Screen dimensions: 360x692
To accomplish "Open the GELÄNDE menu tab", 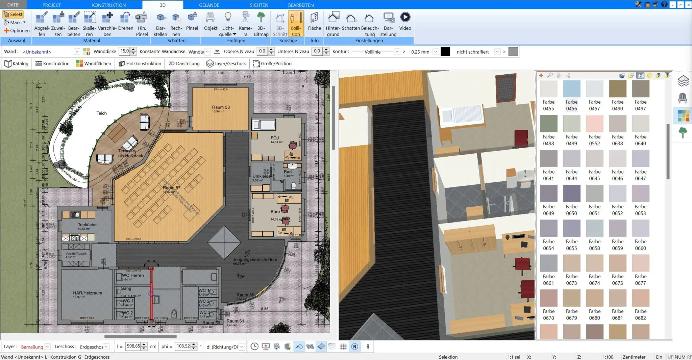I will [209, 5].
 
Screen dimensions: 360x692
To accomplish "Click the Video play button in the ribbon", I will [405, 17].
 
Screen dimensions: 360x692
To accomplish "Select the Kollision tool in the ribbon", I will [295, 23].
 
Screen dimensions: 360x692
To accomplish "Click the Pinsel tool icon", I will [192, 17].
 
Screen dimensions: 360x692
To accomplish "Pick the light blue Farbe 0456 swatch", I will [571, 89].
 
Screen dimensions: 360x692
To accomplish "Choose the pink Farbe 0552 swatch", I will [594, 124].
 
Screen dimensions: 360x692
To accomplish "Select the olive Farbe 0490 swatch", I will [617, 89].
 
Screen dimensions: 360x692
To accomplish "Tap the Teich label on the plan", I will [101, 113].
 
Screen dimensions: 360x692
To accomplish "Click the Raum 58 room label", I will [221, 107].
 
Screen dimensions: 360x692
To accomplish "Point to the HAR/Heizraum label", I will [88, 293].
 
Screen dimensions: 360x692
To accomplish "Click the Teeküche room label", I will [87, 225].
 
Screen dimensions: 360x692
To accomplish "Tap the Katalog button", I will [17, 63].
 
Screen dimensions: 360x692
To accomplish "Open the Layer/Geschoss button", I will [226, 63].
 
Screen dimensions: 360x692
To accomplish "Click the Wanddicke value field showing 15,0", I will [125, 51].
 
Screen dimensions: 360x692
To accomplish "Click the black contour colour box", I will [445, 52].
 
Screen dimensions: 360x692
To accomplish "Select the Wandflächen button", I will [94, 63].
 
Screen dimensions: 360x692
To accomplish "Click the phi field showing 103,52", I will [183, 346].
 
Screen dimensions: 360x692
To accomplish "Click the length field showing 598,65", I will [133, 346].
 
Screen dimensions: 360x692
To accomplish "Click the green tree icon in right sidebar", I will [683, 132].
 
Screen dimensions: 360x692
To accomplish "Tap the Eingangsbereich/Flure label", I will [255, 259].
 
